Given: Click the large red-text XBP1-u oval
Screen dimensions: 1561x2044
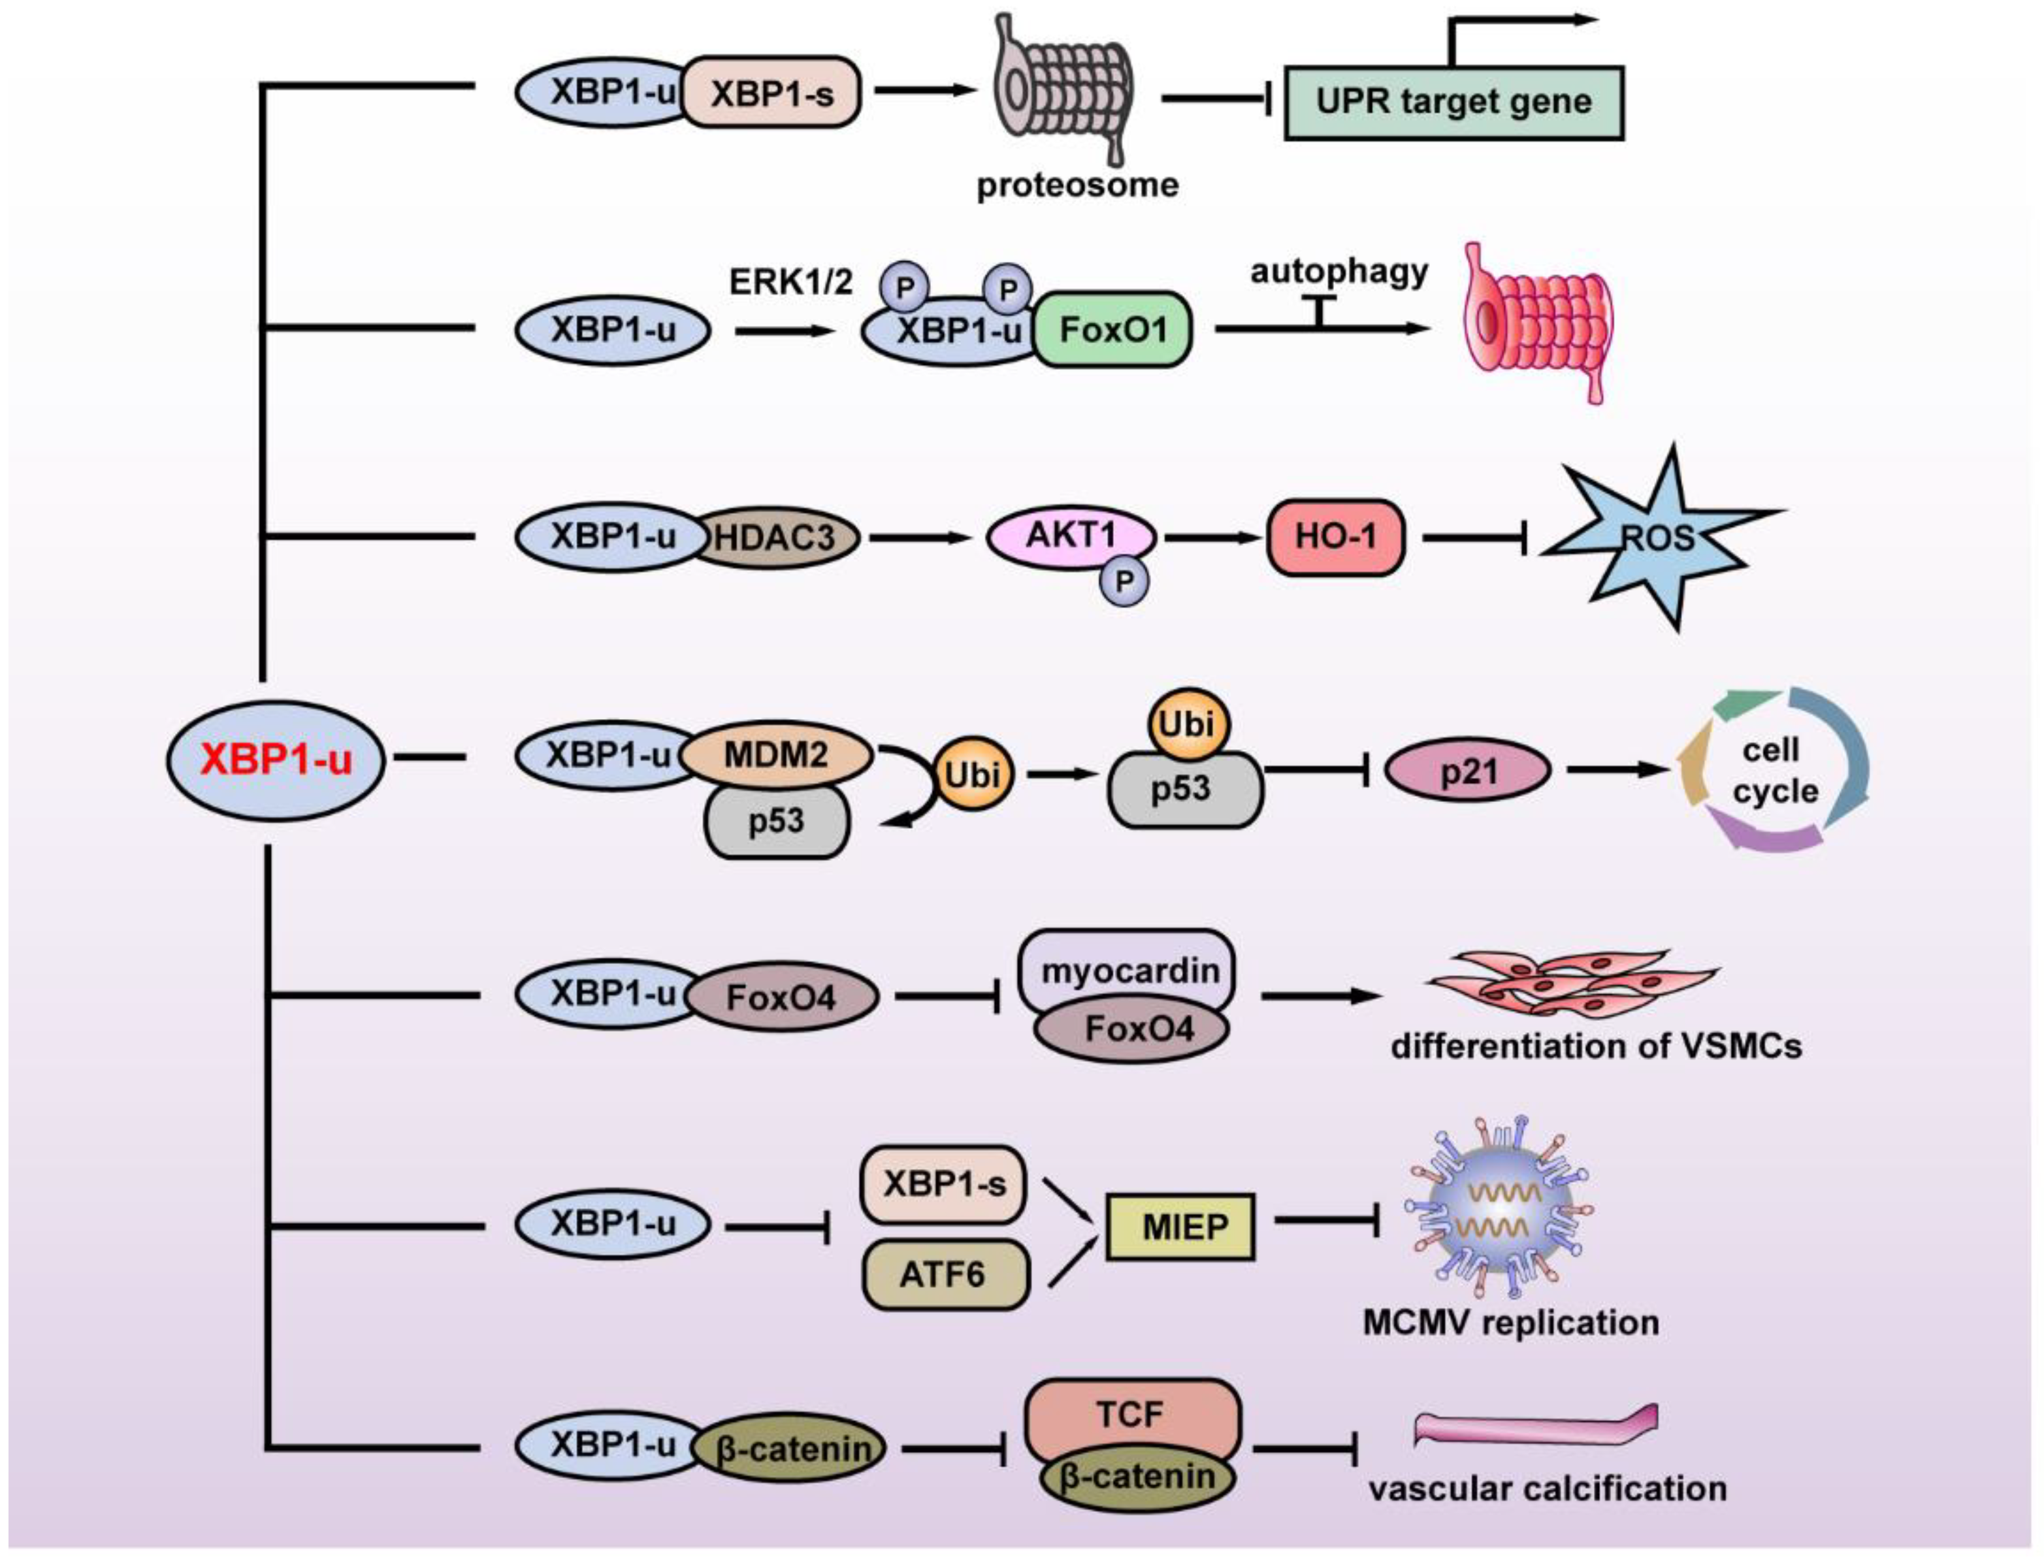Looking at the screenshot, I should (276, 760).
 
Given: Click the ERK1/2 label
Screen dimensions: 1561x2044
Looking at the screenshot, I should (790, 281).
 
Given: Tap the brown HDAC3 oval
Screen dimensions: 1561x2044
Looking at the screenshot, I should (776, 536).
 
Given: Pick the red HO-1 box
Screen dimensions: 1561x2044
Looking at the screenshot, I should (1335, 536).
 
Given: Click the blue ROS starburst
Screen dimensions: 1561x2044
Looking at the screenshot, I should (1659, 537).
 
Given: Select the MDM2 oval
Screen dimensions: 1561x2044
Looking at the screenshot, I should (776, 754).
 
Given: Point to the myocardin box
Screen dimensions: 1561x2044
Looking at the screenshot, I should (1129, 971).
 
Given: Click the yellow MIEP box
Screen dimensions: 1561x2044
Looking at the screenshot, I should (1180, 1227).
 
